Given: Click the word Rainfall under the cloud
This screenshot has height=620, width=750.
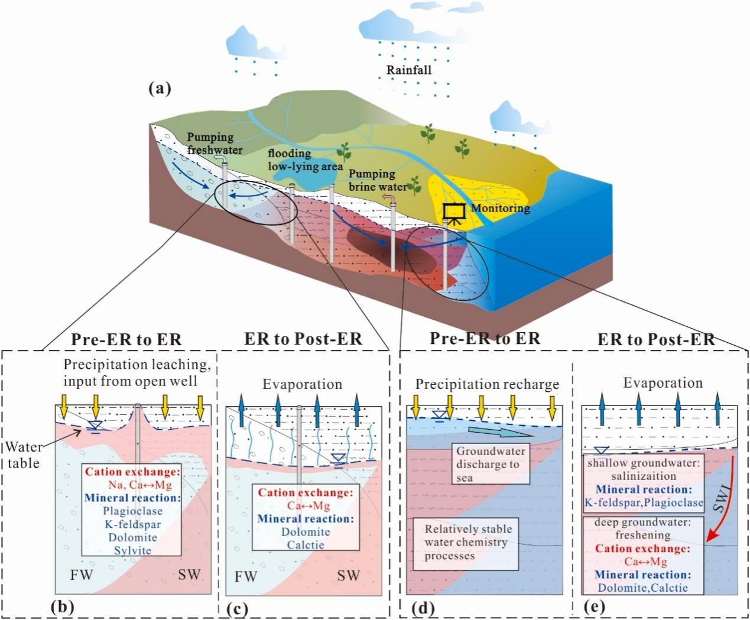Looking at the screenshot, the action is (x=409, y=70).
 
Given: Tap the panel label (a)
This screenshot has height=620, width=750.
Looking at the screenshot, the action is (x=160, y=89).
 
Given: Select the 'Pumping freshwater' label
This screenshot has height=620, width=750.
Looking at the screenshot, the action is (x=215, y=143).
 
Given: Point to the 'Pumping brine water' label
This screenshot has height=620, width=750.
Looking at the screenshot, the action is (x=378, y=180).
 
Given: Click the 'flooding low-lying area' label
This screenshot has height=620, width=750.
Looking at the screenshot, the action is (x=306, y=160).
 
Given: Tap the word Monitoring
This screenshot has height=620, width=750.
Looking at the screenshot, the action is (x=501, y=209).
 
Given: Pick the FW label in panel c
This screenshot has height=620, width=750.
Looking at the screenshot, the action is (x=246, y=576).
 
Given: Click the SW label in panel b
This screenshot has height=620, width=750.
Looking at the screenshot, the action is (x=189, y=574).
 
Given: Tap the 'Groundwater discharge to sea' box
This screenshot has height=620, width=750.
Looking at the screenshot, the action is (x=491, y=465).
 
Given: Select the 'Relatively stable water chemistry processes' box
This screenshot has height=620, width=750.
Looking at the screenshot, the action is (x=466, y=544).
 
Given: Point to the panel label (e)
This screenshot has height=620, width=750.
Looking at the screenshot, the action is (x=595, y=607).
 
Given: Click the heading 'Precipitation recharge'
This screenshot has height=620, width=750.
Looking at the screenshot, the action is (x=488, y=384).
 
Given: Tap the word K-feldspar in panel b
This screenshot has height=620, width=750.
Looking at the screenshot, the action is (x=133, y=524).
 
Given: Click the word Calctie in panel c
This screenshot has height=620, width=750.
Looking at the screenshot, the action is (x=306, y=545).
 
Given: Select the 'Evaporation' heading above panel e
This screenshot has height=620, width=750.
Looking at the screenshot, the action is (x=663, y=383).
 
